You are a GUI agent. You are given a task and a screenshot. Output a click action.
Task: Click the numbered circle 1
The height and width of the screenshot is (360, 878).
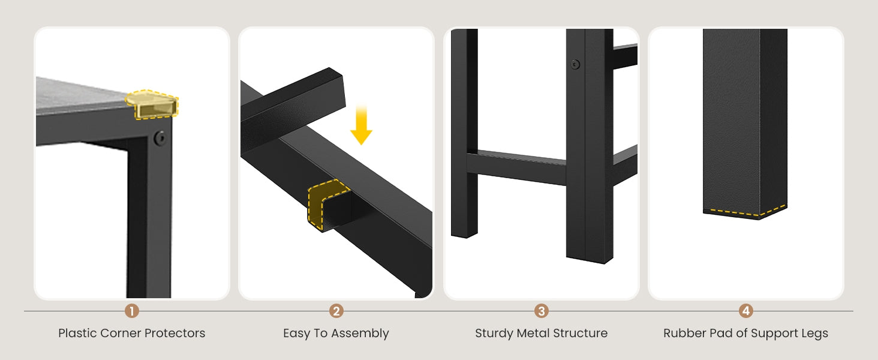click(132, 311)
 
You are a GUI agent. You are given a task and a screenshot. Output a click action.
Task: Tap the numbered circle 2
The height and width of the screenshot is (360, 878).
click(336, 311)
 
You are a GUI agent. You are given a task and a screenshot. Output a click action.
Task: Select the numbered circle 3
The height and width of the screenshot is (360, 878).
click(542, 311)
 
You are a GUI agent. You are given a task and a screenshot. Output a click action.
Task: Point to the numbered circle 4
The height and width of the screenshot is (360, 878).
click(746, 311)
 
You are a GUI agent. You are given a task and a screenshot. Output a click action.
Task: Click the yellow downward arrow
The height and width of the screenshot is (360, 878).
click(361, 125)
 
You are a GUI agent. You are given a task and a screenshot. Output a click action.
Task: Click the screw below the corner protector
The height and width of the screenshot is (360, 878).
click(160, 138)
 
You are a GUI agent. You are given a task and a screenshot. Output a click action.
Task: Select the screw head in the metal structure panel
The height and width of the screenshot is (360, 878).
click(575, 64)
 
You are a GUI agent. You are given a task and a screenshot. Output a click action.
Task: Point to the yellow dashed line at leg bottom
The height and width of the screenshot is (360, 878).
click(745, 212)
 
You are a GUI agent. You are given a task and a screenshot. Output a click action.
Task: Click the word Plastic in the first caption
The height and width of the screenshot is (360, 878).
click(77, 333)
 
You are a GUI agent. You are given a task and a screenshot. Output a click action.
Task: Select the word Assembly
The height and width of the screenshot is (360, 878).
click(360, 334)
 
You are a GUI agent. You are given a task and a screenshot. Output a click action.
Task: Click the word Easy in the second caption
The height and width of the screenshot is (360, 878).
click(296, 334)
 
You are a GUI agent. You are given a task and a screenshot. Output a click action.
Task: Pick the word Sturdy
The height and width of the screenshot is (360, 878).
click(494, 334)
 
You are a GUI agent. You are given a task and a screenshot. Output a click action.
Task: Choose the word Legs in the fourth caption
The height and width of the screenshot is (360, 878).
click(814, 334)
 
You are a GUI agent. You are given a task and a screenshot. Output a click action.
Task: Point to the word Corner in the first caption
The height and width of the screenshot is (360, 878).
click(121, 333)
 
